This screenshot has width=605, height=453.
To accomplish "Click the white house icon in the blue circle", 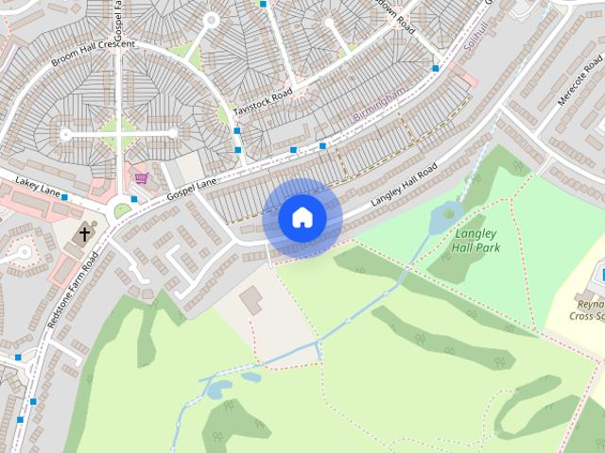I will (x=302, y=217).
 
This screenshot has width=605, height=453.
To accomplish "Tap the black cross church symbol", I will (x=85, y=234).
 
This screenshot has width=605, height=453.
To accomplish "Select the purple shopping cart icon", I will (x=142, y=178).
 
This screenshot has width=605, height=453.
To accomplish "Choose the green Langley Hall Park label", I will (x=477, y=240).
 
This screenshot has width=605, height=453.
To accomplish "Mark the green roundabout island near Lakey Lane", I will (x=123, y=210).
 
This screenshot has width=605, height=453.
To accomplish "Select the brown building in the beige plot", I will (x=251, y=301).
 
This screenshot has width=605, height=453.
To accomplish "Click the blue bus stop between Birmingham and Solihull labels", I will (x=435, y=68).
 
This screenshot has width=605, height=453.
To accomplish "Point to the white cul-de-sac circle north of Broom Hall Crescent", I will (x=210, y=19).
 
